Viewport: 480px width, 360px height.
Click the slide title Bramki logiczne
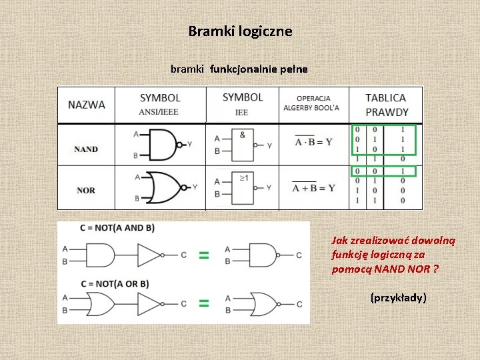(x=240, y=31)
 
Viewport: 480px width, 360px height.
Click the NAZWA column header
(x=87, y=105)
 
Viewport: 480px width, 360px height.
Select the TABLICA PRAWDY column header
(x=386, y=105)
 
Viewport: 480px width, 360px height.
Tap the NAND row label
(x=86, y=149)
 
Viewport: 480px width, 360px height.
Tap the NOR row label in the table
(x=86, y=191)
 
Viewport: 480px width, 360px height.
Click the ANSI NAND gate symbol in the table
(x=161, y=144)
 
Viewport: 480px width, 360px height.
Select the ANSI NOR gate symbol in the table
(x=163, y=187)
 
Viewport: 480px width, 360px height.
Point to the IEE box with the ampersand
(x=242, y=145)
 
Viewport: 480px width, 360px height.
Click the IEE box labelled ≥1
(x=242, y=188)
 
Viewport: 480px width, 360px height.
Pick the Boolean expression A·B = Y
(x=313, y=142)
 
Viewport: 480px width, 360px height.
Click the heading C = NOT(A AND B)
(x=117, y=228)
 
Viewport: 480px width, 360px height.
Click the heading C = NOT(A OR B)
(x=115, y=284)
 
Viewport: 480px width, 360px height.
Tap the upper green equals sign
(x=204, y=255)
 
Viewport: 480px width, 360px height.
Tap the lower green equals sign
(x=204, y=304)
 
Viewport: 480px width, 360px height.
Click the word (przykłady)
(x=398, y=297)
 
